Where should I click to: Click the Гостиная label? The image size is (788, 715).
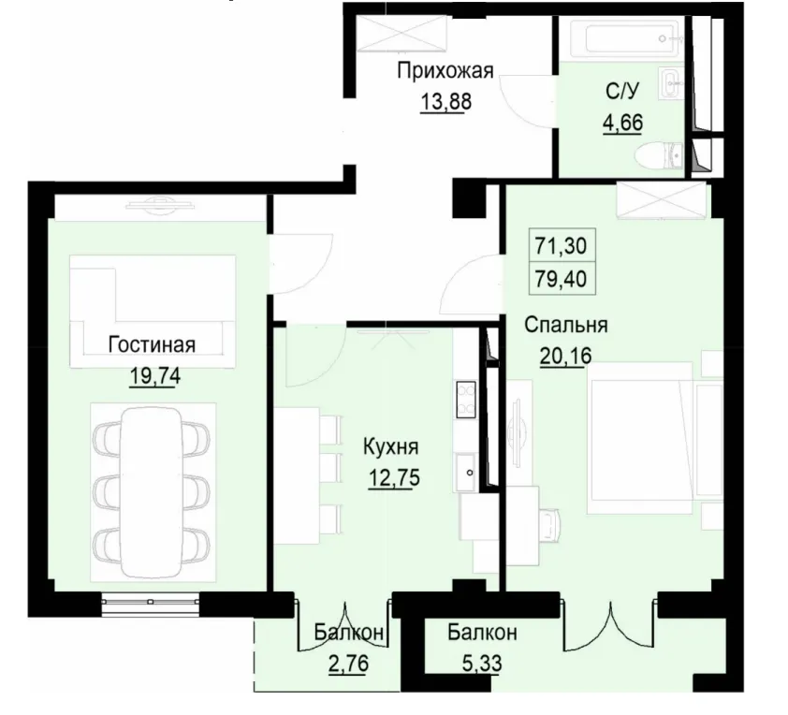tap(151, 344)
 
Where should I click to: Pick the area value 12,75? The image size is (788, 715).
tap(392, 474)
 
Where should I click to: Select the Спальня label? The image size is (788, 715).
tap(566, 326)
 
